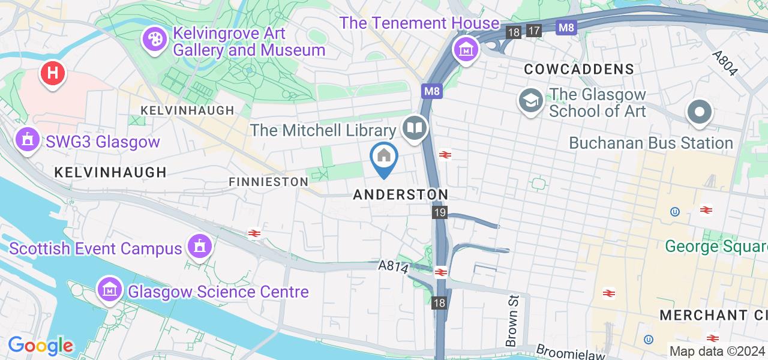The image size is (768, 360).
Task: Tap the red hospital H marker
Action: click(x=53, y=74)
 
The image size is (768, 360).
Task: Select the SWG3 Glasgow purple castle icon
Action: click(x=27, y=140)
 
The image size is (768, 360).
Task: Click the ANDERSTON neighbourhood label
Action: click(x=400, y=194)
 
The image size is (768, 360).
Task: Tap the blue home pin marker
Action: click(x=384, y=158)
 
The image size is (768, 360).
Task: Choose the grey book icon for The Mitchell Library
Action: click(x=415, y=128)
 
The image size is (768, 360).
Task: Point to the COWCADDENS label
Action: click(x=578, y=69)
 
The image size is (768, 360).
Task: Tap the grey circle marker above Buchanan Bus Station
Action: click(x=700, y=113)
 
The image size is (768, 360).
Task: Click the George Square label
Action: click(x=716, y=246)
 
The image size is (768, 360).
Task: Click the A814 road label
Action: click(x=394, y=266)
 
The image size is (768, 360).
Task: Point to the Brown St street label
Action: click(x=512, y=329)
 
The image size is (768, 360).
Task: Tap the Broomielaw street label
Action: click(x=566, y=350)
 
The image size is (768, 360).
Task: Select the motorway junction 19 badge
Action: click(x=440, y=212)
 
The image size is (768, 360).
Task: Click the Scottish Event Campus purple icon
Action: click(x=199, y=246)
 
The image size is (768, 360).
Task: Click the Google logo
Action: click(x=40, y=346)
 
